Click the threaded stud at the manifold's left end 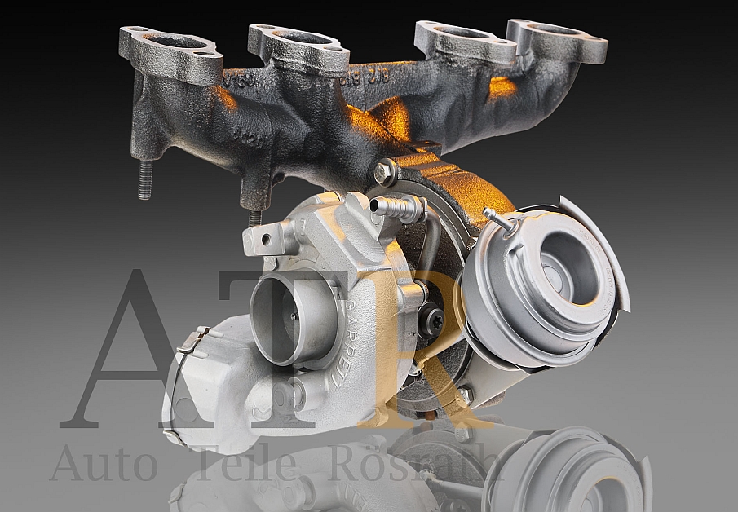(145, 179)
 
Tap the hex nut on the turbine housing (384, 172)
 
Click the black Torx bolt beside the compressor (432, 320)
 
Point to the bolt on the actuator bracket (465, 395)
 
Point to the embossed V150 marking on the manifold (237, 82)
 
